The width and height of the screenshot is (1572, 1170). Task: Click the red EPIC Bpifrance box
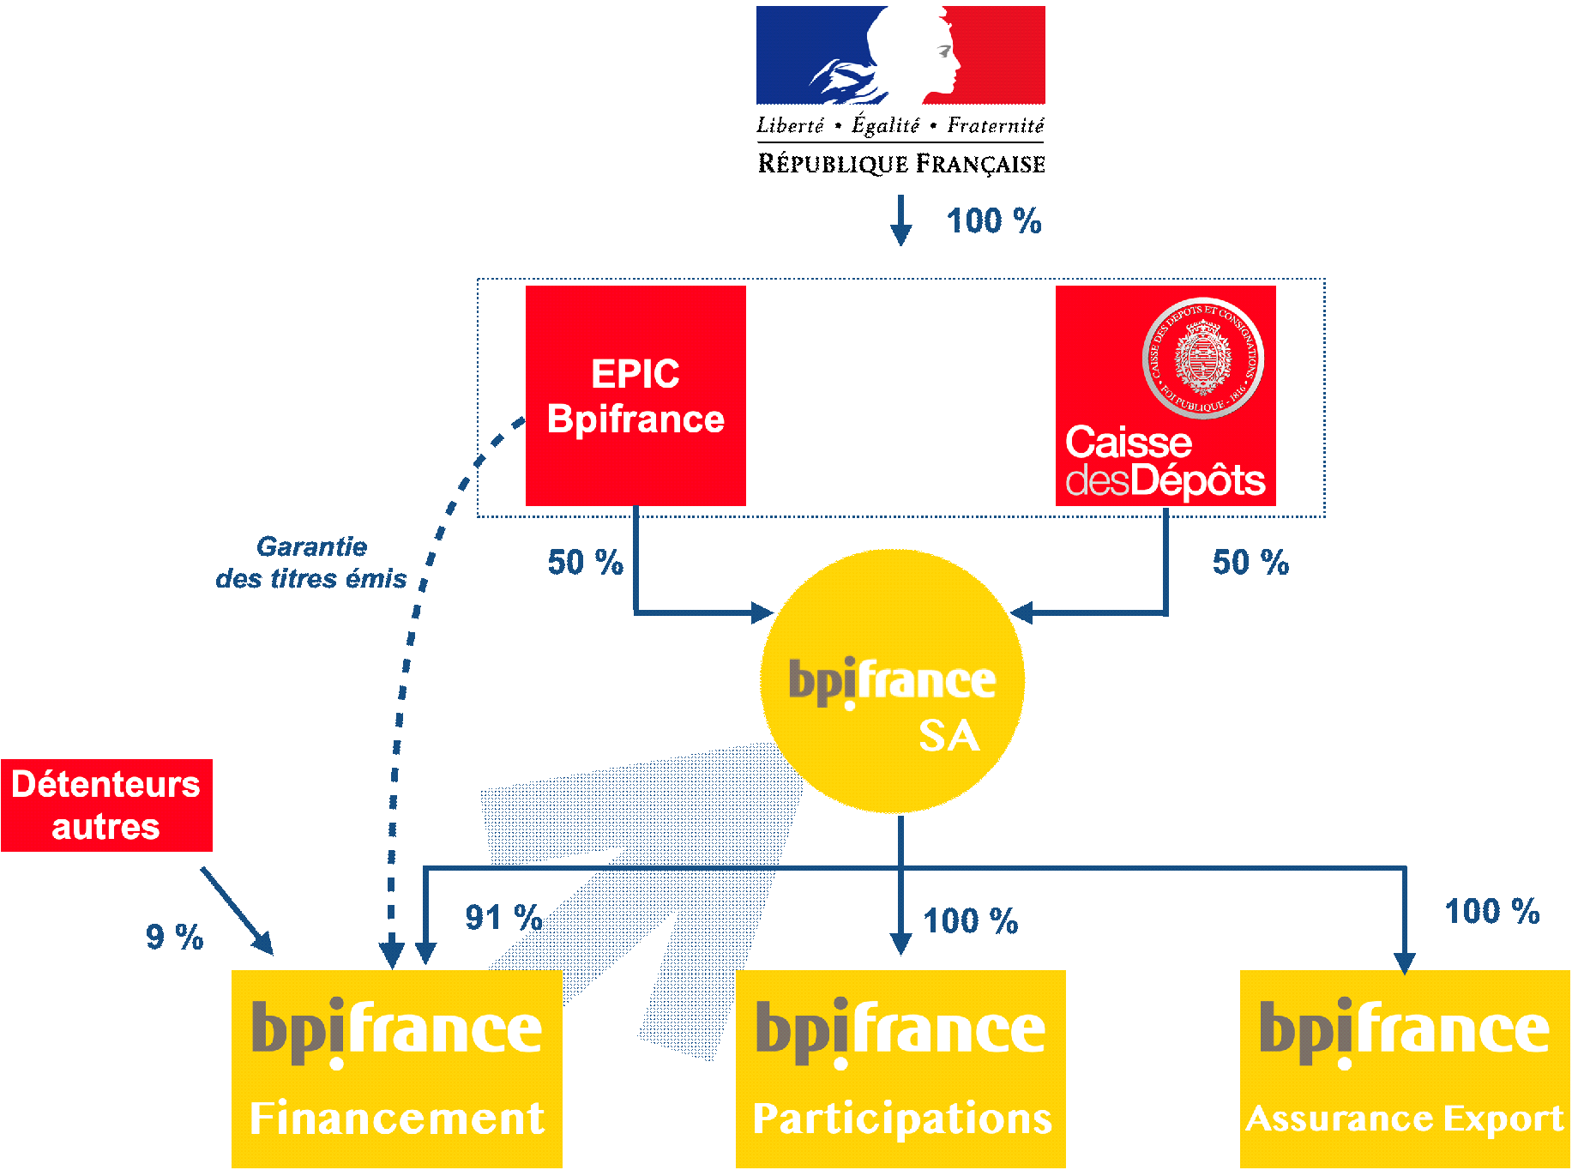tap(635, 395)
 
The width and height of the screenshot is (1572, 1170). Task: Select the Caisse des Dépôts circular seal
tap(1202, 358)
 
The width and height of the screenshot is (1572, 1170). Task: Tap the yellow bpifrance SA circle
tap(892, 682)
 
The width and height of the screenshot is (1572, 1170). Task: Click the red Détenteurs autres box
tap(106, 805)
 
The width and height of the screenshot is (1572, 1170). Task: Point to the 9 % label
tap(174, 937)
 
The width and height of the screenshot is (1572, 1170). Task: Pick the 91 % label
tap(503, 918)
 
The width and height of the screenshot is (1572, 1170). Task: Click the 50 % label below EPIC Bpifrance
tap(585, 563)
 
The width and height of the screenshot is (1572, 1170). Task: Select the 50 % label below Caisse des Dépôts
tap(1250, 563)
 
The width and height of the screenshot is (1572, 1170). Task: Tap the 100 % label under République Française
tap(993, 221)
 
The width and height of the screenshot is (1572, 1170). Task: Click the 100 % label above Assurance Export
tap(1491, 912)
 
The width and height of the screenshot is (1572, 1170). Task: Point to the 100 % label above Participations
tap(970, 921)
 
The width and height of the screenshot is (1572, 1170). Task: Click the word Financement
tap(397, 1119)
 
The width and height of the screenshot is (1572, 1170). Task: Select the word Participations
tap(901, 1119)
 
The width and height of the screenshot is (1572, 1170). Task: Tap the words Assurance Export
tap(1404, 1119)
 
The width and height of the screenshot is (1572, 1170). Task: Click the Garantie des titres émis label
tap(311, 563)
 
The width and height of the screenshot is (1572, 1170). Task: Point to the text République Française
tap(900, 163)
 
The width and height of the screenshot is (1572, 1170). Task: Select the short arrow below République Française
tap(900, 220)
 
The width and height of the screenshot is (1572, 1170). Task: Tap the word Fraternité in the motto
tap(995, 126)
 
